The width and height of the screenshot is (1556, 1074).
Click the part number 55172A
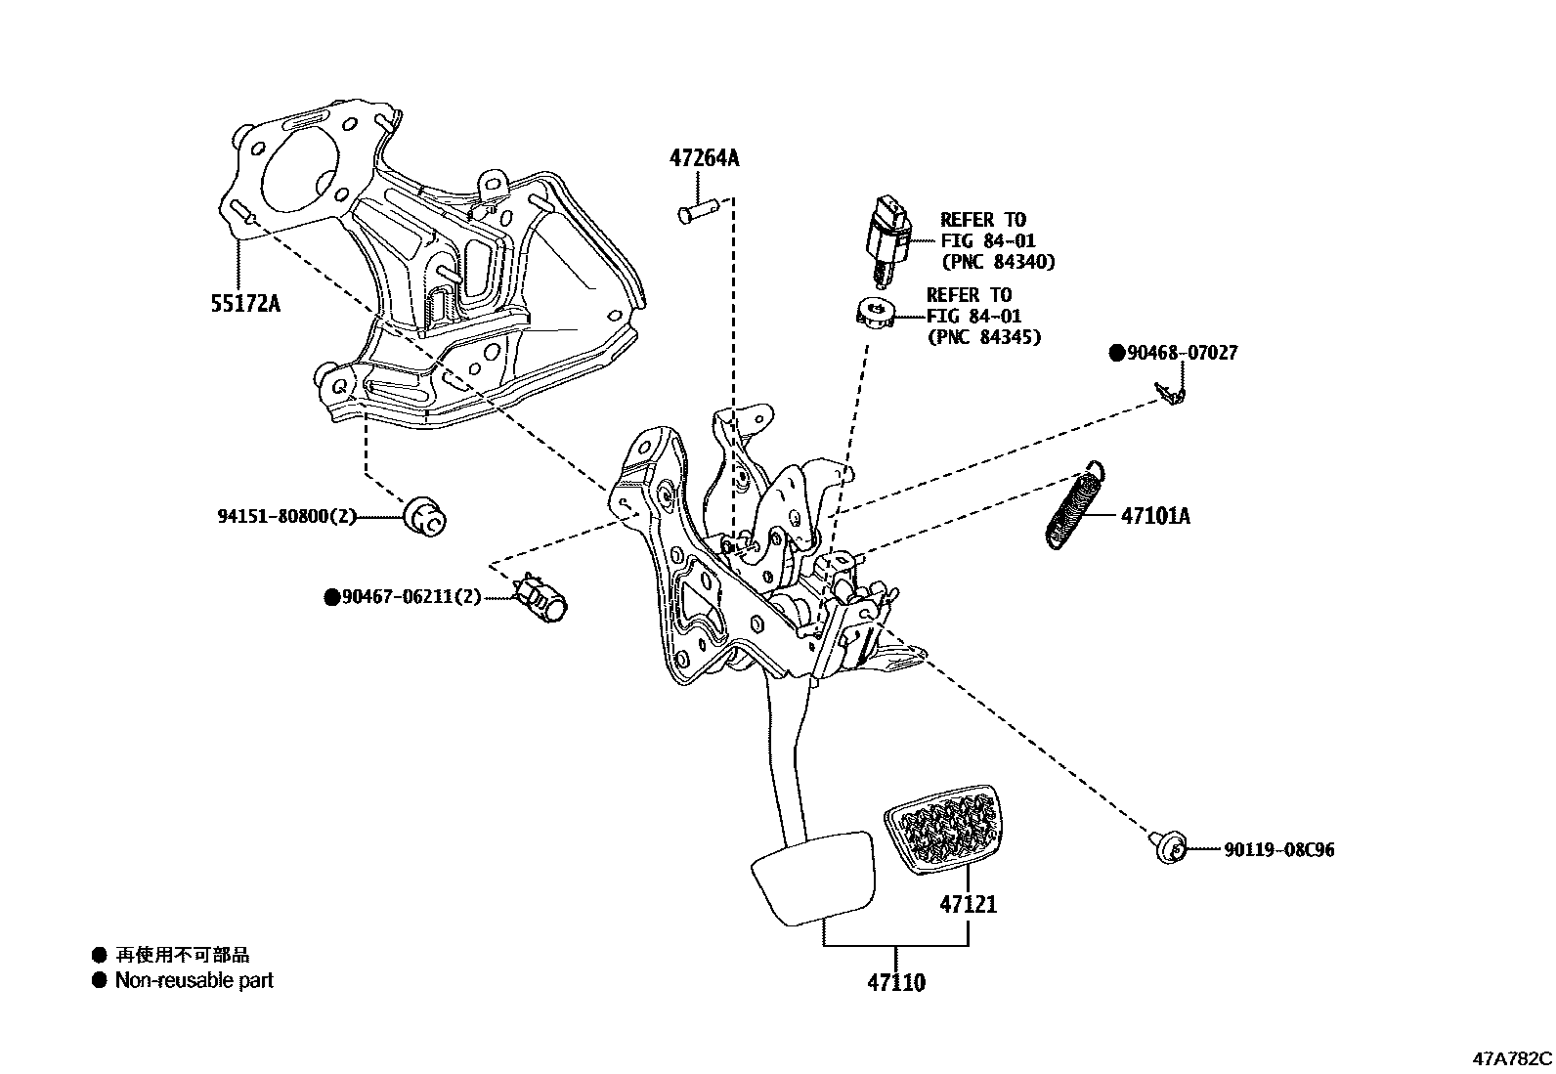pyautogui.click(x=245, y=303)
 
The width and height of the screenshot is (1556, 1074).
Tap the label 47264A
pyautogui.click(x=704, y=157)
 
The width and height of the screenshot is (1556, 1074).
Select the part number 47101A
pyautogui.click(x=1155, y=515)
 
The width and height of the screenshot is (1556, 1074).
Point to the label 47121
pyautogui.click(x=969, y=904)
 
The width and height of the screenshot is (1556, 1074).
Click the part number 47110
pyautogui.click(x=896, y=981)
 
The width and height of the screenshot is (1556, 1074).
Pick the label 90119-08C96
pyautogui.click(x=1278, y=849)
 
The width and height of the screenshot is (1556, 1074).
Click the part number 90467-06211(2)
pyautogui.click(x=411, y=595)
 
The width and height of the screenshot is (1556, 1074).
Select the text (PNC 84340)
pyautogui.click(x=998, y=262)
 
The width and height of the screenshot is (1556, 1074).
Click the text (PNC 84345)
pyautogui.click(x=983, y=337)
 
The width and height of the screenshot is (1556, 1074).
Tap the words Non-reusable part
pyautogui.click(x=194, y=980)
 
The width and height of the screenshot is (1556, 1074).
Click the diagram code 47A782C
pyautogui.click(x=1512, y=1058)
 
